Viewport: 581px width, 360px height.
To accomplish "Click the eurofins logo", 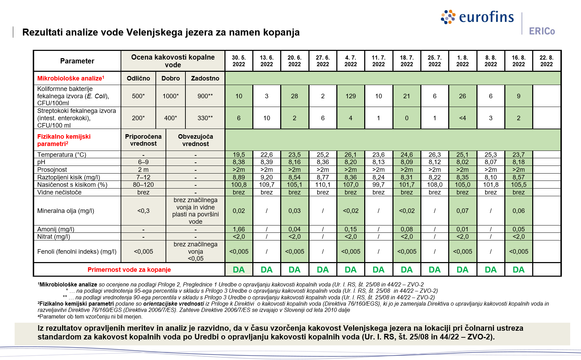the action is click(x=477, y=17).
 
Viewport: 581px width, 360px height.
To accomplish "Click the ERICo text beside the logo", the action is click(x=542, y=31).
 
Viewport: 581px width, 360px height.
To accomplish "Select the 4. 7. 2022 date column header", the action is click(x=351, y=61).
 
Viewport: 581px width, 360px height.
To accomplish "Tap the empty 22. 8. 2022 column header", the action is click(x=546, y=61).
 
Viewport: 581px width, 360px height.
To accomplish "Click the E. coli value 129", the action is click(x=351, y=96).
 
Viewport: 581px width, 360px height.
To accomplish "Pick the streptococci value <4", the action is click(x=462, y=118).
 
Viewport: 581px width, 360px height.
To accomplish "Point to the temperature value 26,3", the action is click(x=435, y=155).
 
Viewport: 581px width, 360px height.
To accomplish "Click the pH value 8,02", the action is click(x=462, y=162).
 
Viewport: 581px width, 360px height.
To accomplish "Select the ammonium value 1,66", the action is click(x=239, y=229).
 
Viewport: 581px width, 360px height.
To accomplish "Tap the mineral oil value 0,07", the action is click(x=462, y=211).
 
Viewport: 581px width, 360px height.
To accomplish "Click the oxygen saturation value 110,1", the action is click(x=323, y=185).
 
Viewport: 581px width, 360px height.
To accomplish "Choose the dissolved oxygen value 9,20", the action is click(x=267, y=177).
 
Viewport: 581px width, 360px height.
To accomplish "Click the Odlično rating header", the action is click(x=138, y=78).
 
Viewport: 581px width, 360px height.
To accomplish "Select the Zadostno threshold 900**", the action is click(x=205, y=96).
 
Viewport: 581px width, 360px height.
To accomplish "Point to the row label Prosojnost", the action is click(x=52, y=170).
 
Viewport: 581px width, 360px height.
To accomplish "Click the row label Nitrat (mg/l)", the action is click(x=54, y=237).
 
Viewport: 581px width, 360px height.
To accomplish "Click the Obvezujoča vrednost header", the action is click(x=195, y=140).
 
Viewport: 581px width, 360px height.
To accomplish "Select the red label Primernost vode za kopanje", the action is click(x=129, y=270).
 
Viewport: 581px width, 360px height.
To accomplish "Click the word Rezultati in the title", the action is click(x=42, y=32).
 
